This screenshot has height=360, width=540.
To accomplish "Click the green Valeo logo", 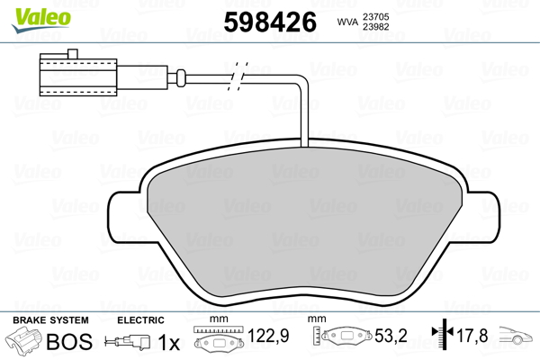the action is click(41, 20).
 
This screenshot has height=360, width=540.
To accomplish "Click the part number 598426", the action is click(270, 22).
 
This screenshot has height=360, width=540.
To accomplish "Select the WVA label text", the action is click(347, 22).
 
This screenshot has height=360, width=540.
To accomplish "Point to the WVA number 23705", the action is click(375, 16).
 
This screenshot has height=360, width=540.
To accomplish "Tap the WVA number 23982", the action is click(375, 27).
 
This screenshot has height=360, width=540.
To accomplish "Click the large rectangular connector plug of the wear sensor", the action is click(78, 77).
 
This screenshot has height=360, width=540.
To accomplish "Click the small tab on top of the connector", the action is click(73, 54).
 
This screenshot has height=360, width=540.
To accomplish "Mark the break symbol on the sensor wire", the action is click(238, 76).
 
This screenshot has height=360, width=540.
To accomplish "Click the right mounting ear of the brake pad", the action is click(481, 217).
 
